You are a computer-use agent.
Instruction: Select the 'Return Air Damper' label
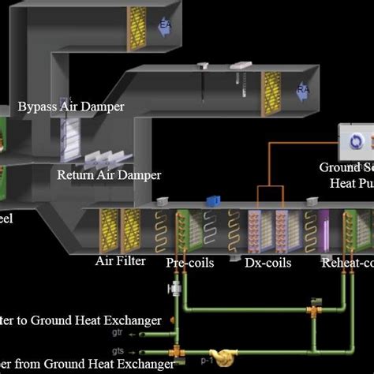tap(109, 175)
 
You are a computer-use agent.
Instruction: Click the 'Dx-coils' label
tap(265, 262)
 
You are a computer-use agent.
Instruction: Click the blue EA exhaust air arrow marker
tap(166, 24)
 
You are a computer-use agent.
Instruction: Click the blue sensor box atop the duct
tap(211, 201)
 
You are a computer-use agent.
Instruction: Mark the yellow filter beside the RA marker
tap(273, 93)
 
